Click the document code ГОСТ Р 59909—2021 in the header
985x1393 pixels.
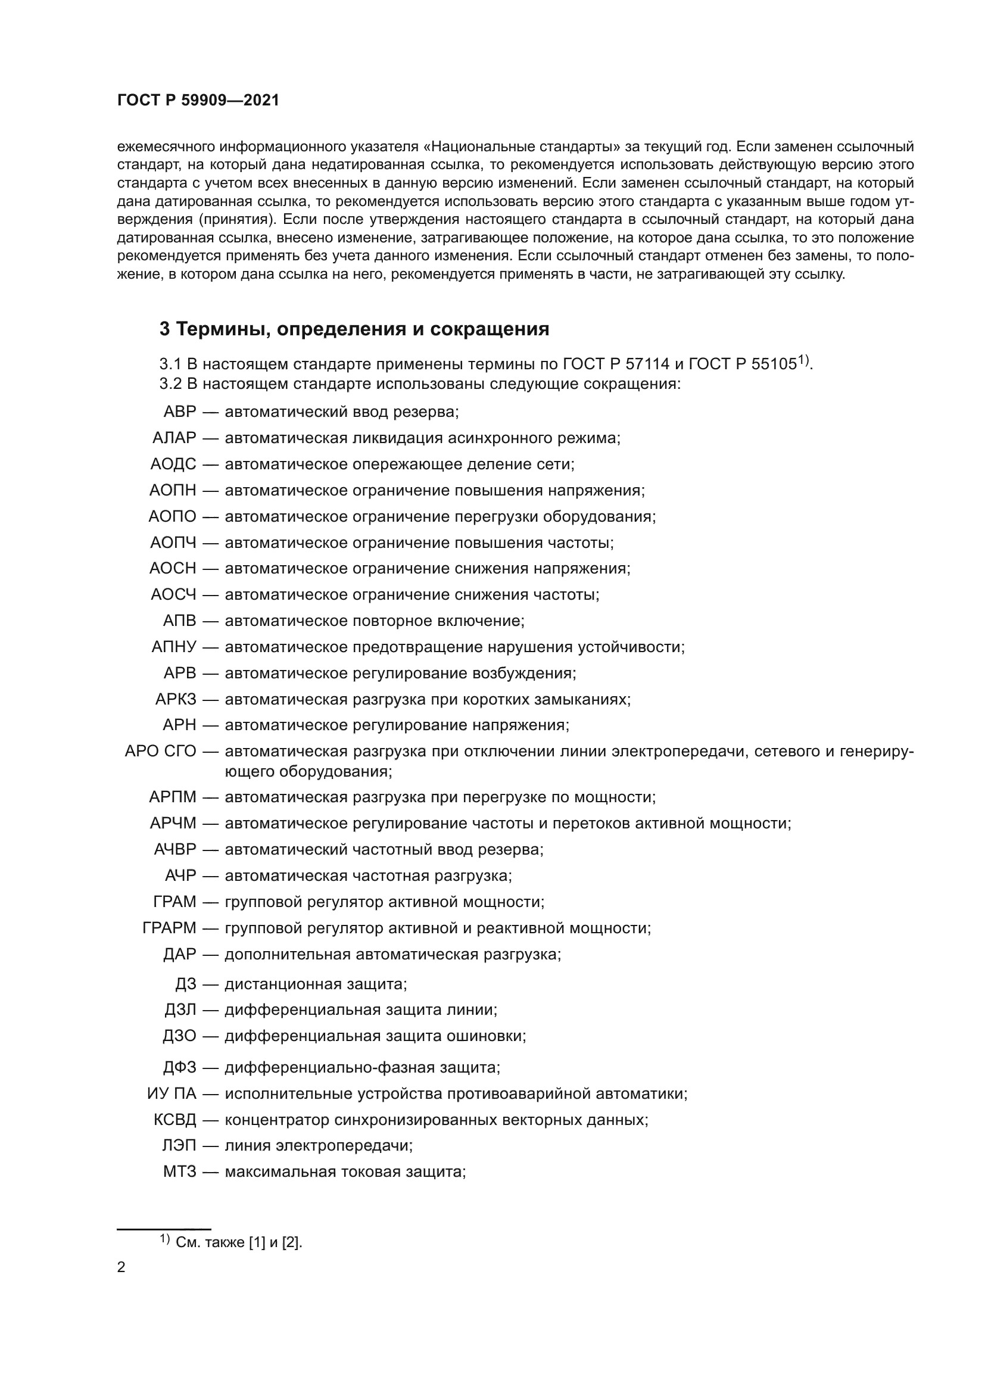[x=198, y=101]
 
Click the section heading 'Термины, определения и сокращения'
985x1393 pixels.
[x=363, y=329]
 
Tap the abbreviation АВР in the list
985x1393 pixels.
[x=180, y=412]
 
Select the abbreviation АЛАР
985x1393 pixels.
[x=174, y=438]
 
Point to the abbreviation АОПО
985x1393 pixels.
[x=173, y=517]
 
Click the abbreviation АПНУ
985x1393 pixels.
[x=174, y=647]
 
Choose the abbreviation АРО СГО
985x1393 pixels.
[x=161, y=752]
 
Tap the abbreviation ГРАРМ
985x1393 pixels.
[x=170, y=928]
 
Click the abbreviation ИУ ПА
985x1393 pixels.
[x=172, y=1094]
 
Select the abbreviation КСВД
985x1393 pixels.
[x=175, y=1120]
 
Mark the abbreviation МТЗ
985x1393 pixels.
[x=180, y=1172]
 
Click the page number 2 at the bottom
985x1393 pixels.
[x=121, y=1267]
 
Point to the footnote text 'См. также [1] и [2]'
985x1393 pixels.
[x=238, y=1242]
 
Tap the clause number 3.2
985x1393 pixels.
[x=170, y=384]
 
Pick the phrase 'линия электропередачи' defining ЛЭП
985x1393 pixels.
[x=319, y=1146]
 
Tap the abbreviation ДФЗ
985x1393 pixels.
[x=179, y=1068]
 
